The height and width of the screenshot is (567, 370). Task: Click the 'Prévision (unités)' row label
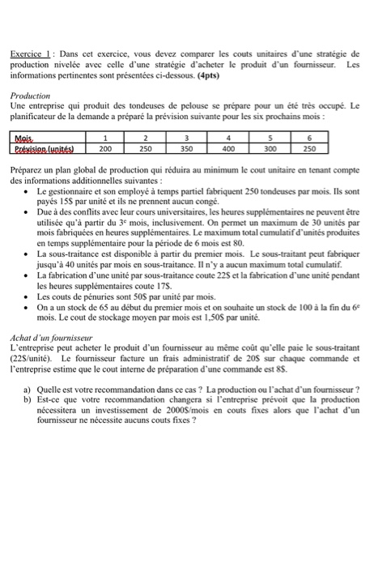click(43, 150)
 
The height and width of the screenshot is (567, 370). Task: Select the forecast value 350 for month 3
click(187, 150)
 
